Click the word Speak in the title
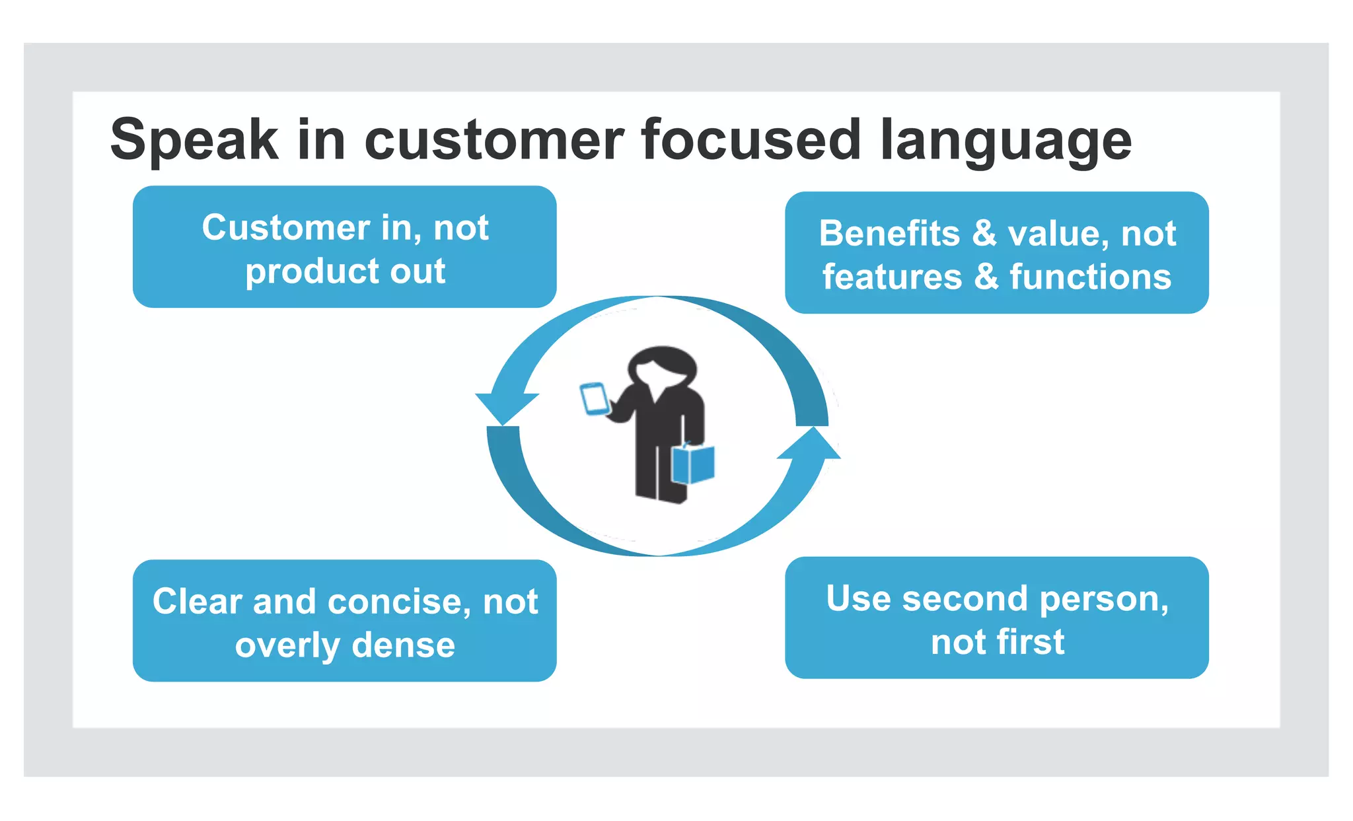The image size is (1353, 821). (x=194, y=140)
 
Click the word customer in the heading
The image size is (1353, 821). (x=494, y=140)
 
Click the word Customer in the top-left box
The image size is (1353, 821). (x=286, y=228)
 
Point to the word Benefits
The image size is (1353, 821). (x=889, y=234)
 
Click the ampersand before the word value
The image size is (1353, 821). (x=984, y=233)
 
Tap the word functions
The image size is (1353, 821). (x=1090, y=277)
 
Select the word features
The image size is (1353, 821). (x=892, y=277)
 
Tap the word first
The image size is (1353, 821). (x=1031, y=642)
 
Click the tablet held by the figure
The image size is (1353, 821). (x=594, y=399)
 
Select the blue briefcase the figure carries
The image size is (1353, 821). (x=693, y=464)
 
